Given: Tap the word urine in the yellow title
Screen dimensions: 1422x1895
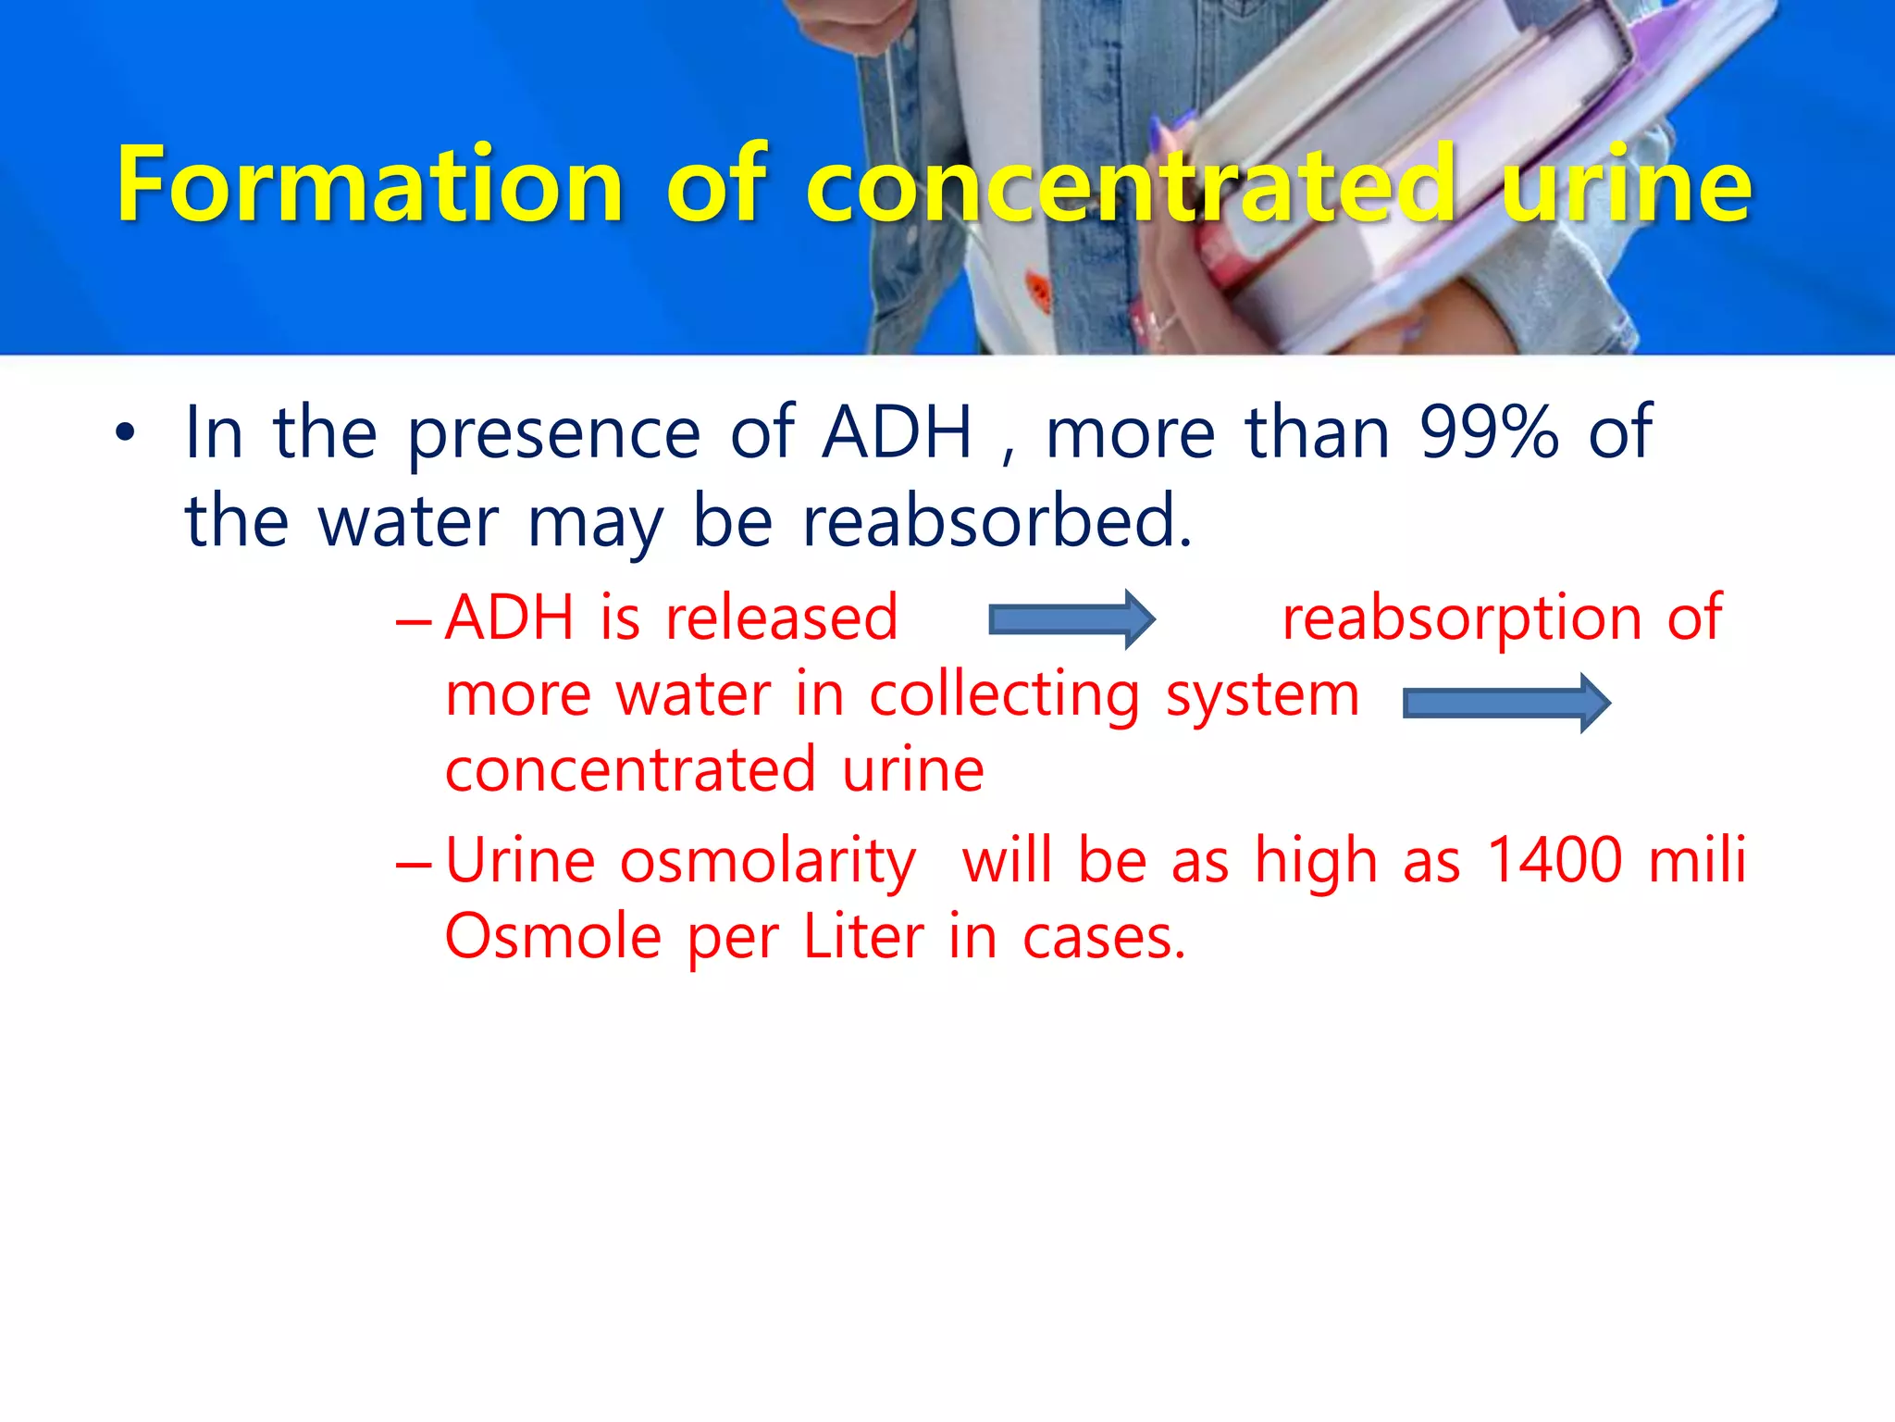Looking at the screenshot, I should (1627, 185).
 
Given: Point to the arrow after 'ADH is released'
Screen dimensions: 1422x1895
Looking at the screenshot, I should (1071, 618).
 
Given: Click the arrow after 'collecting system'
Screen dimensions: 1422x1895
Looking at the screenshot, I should (1506, 703).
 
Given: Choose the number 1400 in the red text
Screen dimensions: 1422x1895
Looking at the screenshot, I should (1554, 860).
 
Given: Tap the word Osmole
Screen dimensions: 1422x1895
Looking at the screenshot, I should (553, 936).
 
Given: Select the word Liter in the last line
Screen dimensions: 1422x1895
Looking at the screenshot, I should (863, 936).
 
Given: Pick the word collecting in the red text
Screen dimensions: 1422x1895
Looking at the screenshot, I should (1005, 695).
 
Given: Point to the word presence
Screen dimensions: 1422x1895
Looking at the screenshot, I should (553, 433).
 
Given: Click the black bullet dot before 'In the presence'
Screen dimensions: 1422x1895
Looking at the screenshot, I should (125, 432).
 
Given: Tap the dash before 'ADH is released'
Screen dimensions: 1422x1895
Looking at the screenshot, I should (413, 621).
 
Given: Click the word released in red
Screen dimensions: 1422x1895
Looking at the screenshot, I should (782, 617).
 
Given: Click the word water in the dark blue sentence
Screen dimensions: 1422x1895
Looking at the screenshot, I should (409, 522).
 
